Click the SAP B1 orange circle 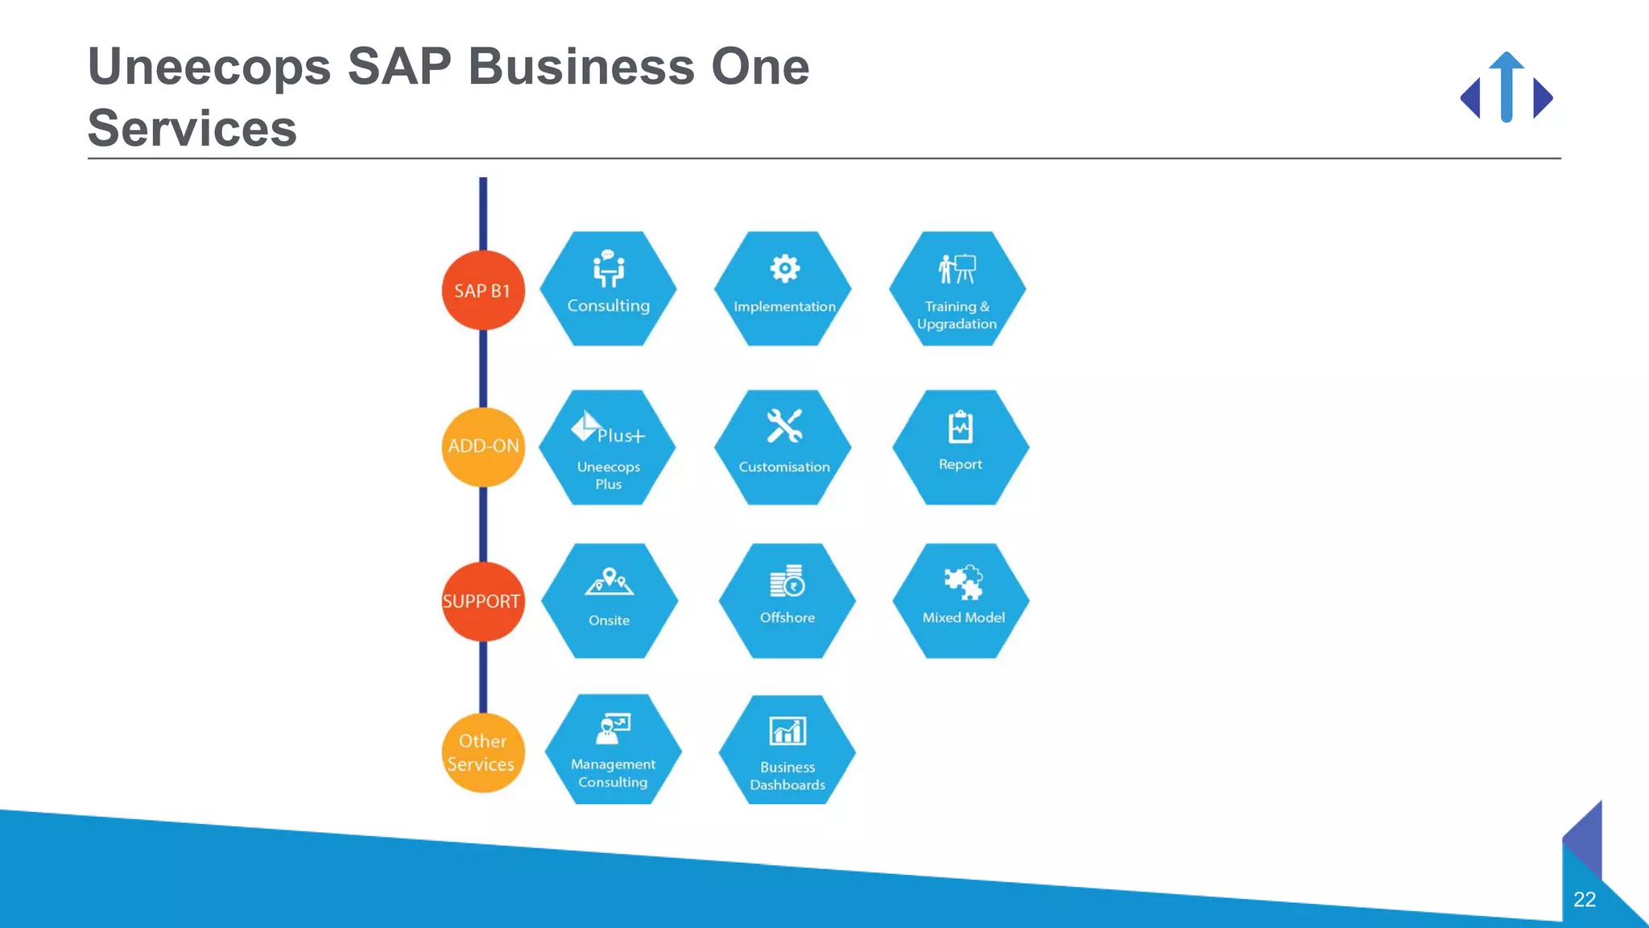point(482,290)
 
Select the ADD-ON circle point(483,446)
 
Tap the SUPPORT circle point(482,601)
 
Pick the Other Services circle point(482,752)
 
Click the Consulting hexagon point(608,289)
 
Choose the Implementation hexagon point(783,289)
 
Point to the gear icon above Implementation point(784,268)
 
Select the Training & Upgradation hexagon point(957,289)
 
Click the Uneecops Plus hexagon point(608,448)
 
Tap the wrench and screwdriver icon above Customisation point(784,426)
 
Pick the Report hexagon point(961,448)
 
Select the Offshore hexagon point(787,601)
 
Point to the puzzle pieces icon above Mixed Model point(963,582)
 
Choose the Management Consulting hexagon point(613,750)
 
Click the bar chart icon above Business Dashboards point(787,731)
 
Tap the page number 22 point(1584,899)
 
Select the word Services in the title point(192,128)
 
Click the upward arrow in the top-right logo point(1506,86)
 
